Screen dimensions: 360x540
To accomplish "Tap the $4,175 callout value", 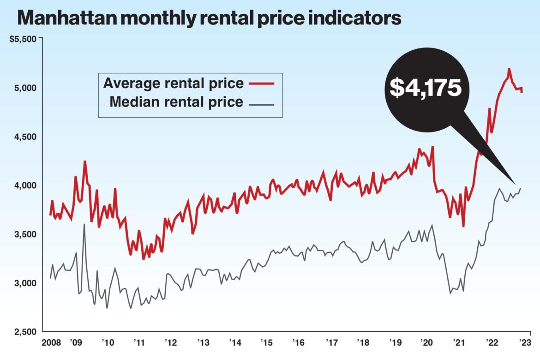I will (x=425, y=87).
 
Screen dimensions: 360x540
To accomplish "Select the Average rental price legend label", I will (x=173, y=84).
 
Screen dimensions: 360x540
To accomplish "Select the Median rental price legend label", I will (x=176, y=102).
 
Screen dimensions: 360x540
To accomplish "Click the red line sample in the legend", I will (x=261, y=84).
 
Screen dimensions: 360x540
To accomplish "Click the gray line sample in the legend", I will (x=261, y=104).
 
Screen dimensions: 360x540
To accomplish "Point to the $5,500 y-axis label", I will (x=23, y=39).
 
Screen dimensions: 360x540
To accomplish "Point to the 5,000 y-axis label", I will (x=26, y=88).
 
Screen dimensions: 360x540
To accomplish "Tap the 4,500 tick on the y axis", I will (x=26, y=137).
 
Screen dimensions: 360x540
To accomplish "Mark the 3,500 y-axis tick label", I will (x=26, y=234).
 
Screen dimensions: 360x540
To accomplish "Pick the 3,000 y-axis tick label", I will (x=26, y=283).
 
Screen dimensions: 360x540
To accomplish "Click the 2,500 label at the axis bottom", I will (x=26, y=332).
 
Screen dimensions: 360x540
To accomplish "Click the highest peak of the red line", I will (x=509, y=69).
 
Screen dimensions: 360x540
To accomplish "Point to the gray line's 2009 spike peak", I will (x=84, y=224).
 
